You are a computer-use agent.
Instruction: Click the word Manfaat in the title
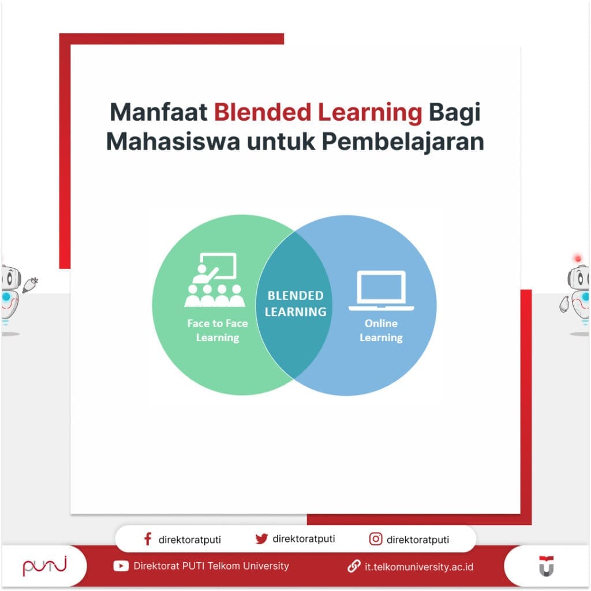(158, 113)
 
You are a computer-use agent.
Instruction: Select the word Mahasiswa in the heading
(173, 142)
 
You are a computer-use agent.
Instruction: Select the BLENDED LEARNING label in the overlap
(295, 304)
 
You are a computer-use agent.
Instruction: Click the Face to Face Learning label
(217, 331)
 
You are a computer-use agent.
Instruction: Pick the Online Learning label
(381, 331)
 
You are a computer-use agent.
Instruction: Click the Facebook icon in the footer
(148, 540)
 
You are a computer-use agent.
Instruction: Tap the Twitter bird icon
(261, 539)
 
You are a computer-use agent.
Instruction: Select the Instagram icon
(376, 540)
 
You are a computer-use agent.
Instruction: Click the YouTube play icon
(121, 566)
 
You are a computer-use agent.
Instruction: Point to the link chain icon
(354, 566)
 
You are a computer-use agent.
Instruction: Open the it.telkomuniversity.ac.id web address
(419, 567)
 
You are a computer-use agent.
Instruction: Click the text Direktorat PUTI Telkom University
(211, 566)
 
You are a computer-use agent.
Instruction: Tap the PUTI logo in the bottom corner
(44, 567)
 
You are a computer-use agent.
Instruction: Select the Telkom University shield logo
(546, 566)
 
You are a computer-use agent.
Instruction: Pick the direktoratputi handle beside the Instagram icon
(418, 540)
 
